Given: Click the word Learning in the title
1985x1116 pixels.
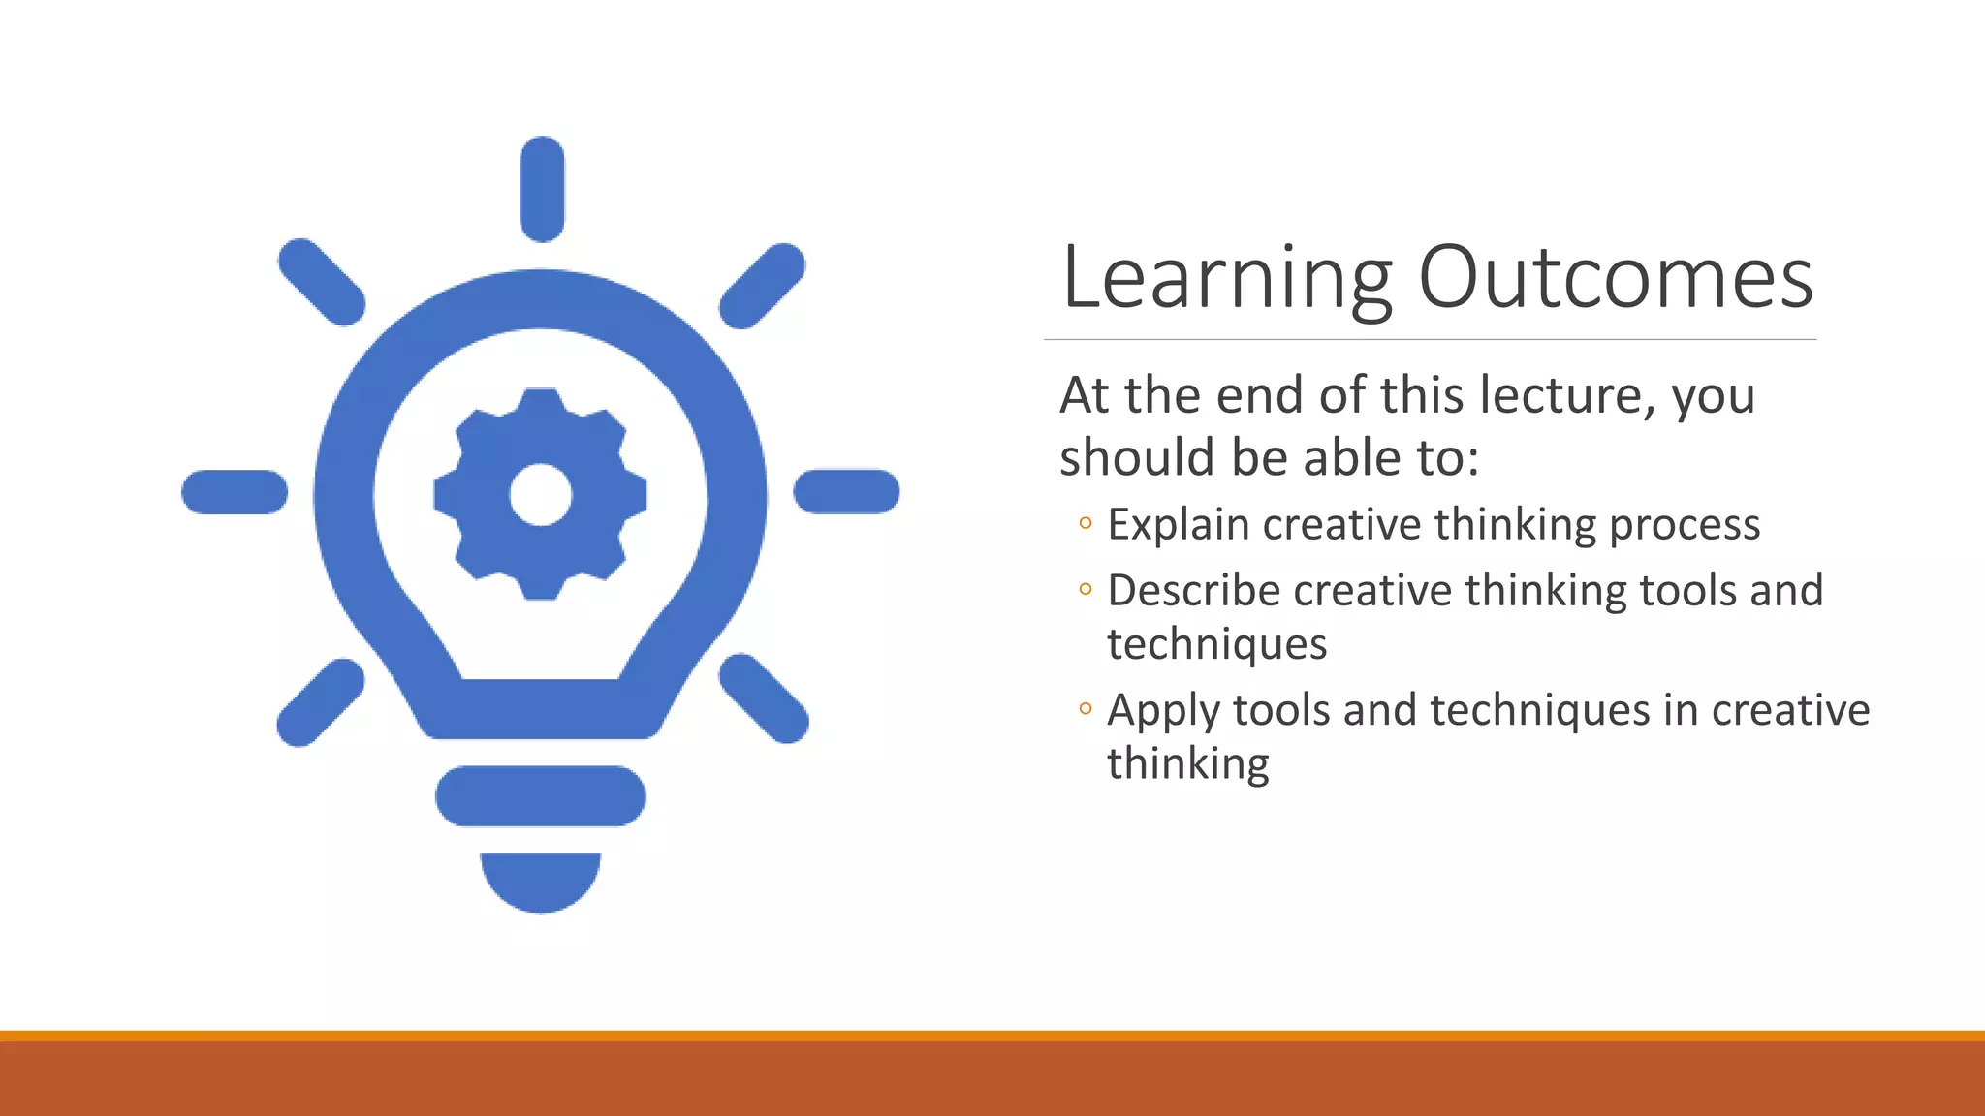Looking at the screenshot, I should coord(1227,279).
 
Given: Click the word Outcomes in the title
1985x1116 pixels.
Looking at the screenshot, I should coord(1616,279).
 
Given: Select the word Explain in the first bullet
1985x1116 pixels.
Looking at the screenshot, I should coord(1179,525).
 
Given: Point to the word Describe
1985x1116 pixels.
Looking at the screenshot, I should coord(1193,591).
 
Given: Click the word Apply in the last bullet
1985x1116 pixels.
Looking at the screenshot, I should coord(1164,711).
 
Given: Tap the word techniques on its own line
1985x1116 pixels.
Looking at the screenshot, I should coord(1216,644).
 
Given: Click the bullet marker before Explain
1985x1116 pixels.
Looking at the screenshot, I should coord(1086,524).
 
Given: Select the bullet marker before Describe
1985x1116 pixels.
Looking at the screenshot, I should coord(1086,589).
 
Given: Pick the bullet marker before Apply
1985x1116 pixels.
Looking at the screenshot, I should coord(1086,709).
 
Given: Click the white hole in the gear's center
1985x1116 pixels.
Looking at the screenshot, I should coord(541,494).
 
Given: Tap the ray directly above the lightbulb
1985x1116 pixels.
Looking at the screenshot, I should coord(542,189).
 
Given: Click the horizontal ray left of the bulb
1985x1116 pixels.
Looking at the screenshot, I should coord(235,491).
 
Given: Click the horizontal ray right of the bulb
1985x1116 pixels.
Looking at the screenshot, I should coord(846,491).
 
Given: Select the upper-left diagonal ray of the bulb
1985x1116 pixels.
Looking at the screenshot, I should coord(322,282).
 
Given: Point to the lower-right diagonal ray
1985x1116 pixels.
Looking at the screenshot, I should coord(764,698).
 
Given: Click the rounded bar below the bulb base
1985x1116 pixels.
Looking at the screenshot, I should coord(541,796).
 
